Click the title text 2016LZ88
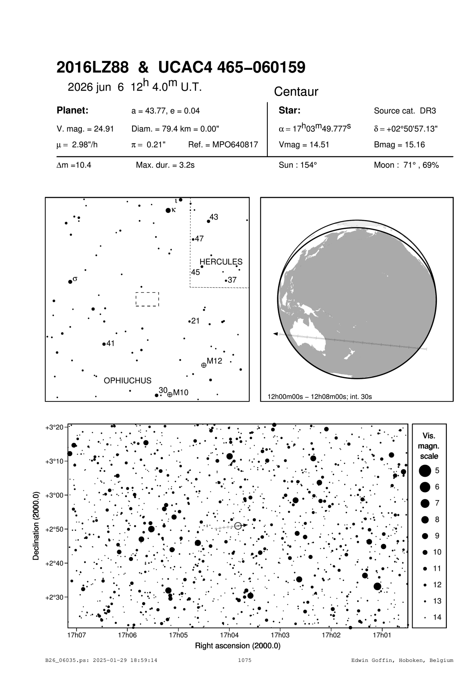(93, 68)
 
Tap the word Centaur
(296, 92)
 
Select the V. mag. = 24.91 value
(85, 129)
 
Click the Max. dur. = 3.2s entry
(165, 166)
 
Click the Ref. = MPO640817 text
(223, 145)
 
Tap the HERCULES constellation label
(221, 262)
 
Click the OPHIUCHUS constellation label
(128, 381)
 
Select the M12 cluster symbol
(204, 365)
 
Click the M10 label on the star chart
(181, 393)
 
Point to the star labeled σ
(70, 282)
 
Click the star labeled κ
(168, 210)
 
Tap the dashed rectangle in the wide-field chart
(147, 299)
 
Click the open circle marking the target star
(238, 525)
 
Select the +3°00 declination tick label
(54, 495)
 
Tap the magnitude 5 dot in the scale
(425, 471)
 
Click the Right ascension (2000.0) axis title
(237, 646)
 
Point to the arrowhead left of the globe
(275, 334)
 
